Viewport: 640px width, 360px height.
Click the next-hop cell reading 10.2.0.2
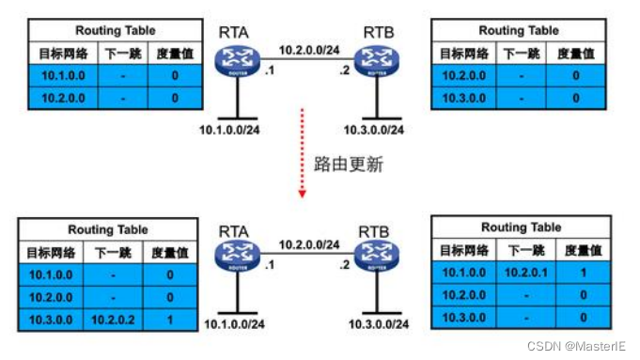click(x=113, y=320)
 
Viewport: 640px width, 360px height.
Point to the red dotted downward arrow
click(x=303, y=155)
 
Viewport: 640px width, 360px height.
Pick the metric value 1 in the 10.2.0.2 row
click(x=169, y=320)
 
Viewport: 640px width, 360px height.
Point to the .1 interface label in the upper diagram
click(x=272, y=71)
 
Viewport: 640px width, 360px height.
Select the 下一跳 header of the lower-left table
click(x=113, y=252)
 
